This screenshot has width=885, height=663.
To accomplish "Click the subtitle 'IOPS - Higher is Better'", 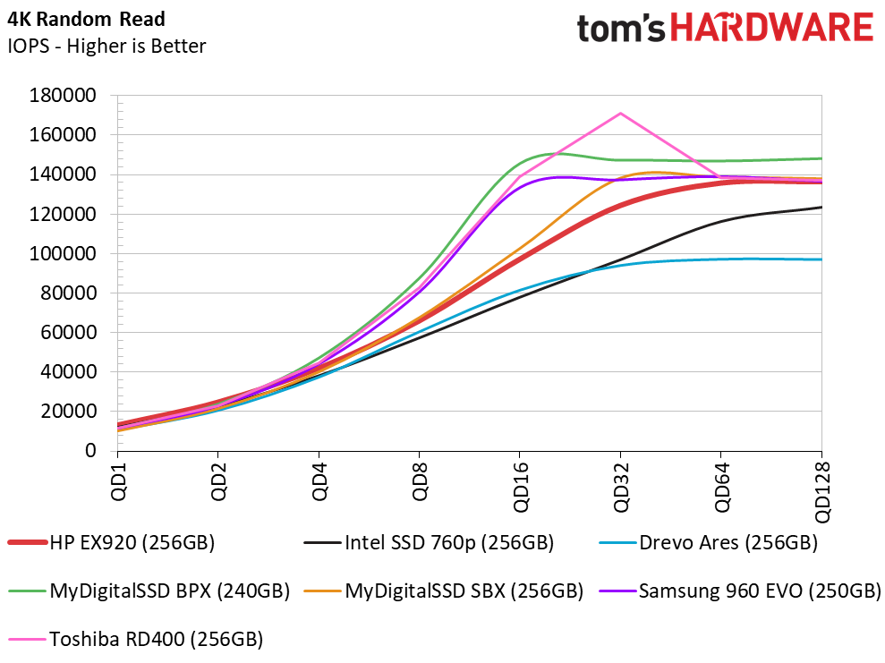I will point(106,46).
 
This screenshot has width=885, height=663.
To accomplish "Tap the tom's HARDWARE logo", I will point(724,30).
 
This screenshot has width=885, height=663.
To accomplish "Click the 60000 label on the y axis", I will point(68,332).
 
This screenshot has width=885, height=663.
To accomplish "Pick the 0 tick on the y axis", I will point(90,451).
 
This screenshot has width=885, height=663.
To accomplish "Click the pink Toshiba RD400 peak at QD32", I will point(620,114).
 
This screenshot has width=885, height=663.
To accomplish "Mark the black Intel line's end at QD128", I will point(821,208).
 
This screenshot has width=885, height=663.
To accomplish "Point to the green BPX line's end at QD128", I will point(821,158).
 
